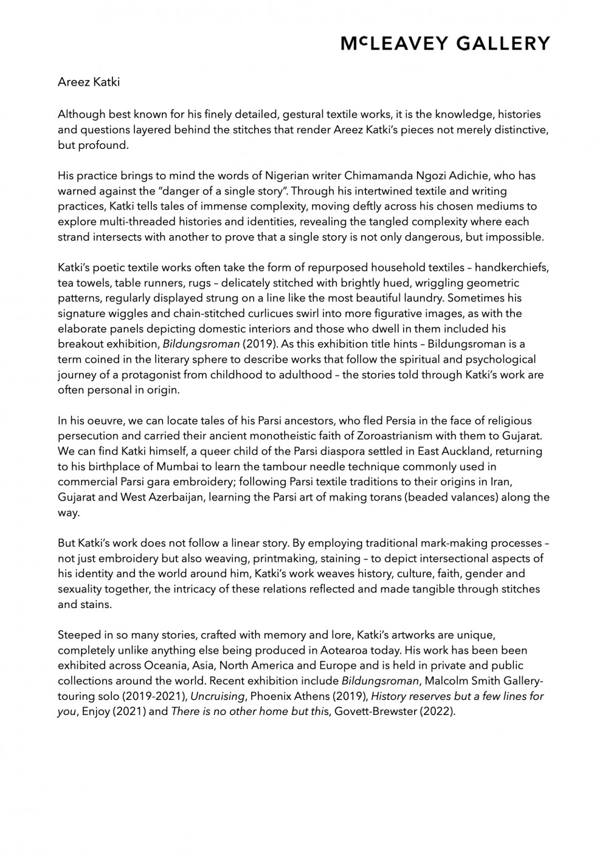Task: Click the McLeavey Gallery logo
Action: pos(444,43)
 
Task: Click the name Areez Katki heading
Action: pos(89,82)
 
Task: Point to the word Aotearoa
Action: pos(339,651)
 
